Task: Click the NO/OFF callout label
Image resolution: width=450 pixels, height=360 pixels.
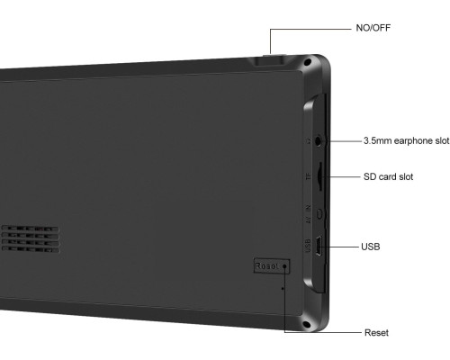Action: pyautogui.click(x=373, y=28)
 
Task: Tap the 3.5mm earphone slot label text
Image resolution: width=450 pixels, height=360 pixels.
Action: pyautogui.click(x=407, y=140)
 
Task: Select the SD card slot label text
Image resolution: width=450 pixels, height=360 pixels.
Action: pyautogui.click(x=388, y=176)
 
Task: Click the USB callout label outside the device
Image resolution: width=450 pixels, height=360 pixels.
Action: pyautogui.click(x=371, y=247)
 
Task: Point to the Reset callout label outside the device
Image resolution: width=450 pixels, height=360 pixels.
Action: pyautogui.click(x=376, y=332)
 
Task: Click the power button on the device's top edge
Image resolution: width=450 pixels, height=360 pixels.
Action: pyautogui.click(x=269, y=59)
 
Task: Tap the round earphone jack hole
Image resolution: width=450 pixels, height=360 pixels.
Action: pyautogui.click(x=319, y=140)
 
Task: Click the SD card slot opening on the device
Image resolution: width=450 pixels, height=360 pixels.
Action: pyautogui.click(x=319, y=176)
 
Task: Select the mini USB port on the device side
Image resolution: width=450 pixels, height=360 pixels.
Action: pyautogui.click(x=319, y=247)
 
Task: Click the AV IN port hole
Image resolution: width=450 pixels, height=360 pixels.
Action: pyautogui.click(x=319, y=214)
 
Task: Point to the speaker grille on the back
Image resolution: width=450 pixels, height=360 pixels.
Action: pyautogui.click(x=31, y=238)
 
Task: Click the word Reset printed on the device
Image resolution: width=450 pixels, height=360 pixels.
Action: pyautogui.click(x=266, y=266)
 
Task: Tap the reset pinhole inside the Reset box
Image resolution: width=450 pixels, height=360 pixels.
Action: pyautogui.click(x=284, y=266)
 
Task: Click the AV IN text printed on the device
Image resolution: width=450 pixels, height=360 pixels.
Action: pyautogui.click(x=308, y=214)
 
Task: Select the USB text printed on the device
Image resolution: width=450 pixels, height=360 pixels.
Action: pyautogui.click(x=308, y=246)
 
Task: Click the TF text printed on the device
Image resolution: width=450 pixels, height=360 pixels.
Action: pyautogui.click(x=308, y=176)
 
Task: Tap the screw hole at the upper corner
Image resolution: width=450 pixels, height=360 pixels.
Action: pyautogui.click(x=307, y=62)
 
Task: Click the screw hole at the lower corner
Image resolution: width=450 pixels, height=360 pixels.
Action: pyautogui.click(x=307, y=324)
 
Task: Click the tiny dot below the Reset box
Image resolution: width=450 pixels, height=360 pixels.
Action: pyautogui.click(x=283, y=288)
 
